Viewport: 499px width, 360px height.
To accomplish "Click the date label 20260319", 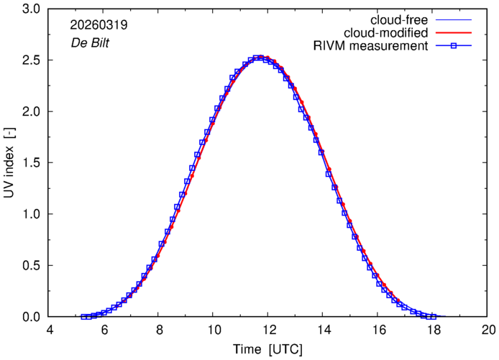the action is (x=99, y=25).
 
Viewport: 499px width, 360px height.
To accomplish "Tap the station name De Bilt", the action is (x=90, y=42).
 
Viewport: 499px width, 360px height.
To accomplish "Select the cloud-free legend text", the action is (x=399, y=20).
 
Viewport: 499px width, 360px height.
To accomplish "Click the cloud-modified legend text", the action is (x=385, y=33).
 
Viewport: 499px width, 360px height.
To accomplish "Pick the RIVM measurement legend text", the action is (x=371, y=46).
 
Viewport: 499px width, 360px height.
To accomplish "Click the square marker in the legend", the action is (x=454, y=46).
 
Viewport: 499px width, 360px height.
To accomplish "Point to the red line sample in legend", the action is (x=454, y=33).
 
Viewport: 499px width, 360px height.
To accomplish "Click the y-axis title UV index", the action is (x=9, y=162).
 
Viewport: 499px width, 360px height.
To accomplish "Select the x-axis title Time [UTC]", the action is (x=267, y=349).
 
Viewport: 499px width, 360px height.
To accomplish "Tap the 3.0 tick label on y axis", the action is (x=31, y=9).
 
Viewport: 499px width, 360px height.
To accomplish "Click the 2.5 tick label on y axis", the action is (x=31, y=60).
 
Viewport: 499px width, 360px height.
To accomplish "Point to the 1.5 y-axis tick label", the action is (x=31, y=163).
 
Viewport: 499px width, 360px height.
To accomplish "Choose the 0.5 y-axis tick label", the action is (x=31, y=266).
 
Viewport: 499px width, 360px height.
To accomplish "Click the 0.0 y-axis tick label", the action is (x=31, y=317).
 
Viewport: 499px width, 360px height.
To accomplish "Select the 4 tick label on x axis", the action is (x=50, y=330).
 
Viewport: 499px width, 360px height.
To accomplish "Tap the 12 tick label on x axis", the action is (x=267, y=330).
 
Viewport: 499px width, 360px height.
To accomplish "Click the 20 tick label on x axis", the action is (x=487, y=330).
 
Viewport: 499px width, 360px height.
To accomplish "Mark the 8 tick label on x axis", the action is (x=160, y=330).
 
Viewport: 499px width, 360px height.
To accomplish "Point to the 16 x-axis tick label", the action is (x=377, y=330).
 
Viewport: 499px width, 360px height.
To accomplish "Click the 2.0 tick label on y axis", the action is (x=31, y=111).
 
